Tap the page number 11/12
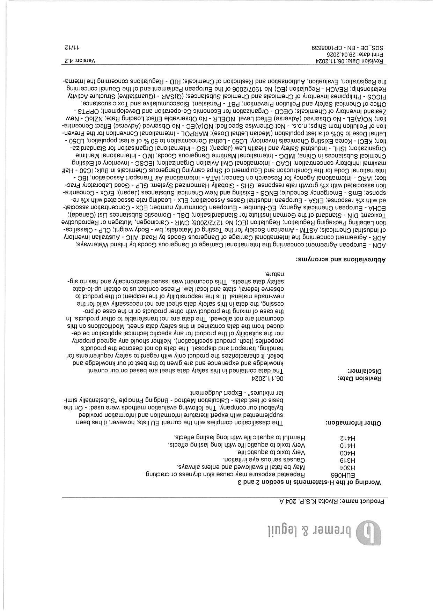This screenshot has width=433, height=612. (x=71, y=47)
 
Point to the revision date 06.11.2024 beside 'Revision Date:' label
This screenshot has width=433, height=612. (x=267, y=378)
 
